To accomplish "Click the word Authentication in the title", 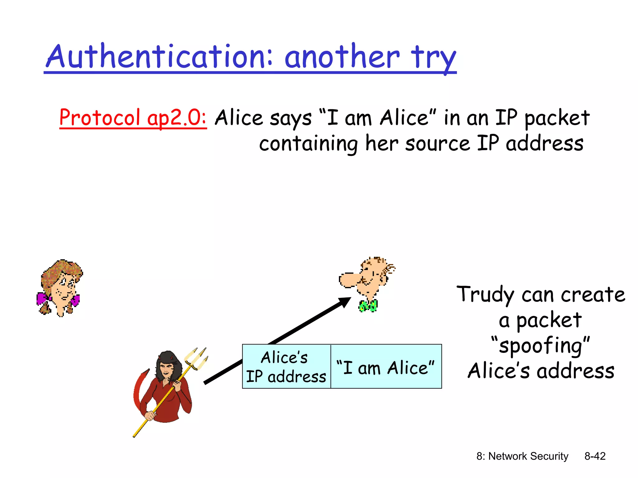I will [x=159, y=57].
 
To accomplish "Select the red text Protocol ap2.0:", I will [x=133, y=118].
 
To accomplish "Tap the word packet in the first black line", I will [x=557, y=118].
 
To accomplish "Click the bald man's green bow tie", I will [x=368, y=306].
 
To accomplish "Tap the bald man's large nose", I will [x=348, y=280].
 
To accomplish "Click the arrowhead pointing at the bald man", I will [x=345, y=302].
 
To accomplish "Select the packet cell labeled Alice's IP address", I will [x=286, y=367].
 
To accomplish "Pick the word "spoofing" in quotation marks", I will [x=540, y=345].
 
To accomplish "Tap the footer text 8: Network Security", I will [x=522, y=456].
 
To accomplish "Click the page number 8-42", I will [x=595, y=456].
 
